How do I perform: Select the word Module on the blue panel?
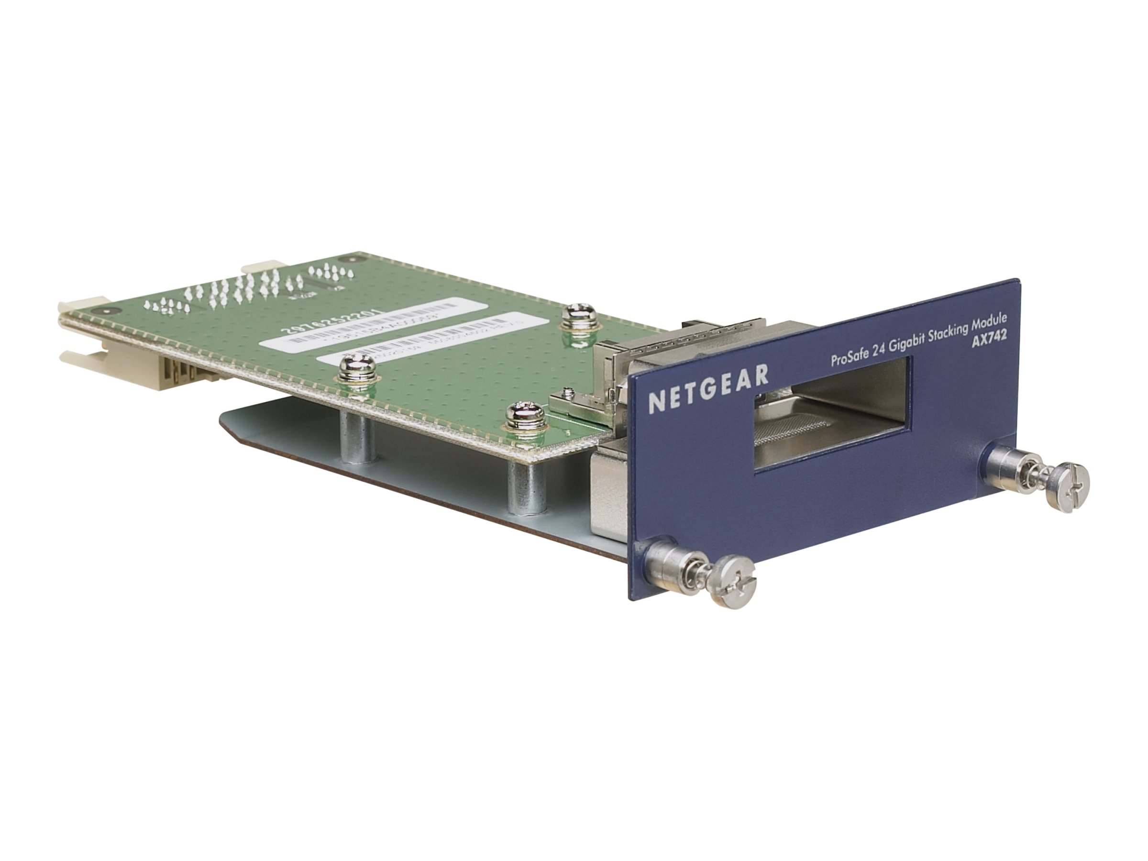pos(988,319)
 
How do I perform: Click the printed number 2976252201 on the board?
pos(332,323)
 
